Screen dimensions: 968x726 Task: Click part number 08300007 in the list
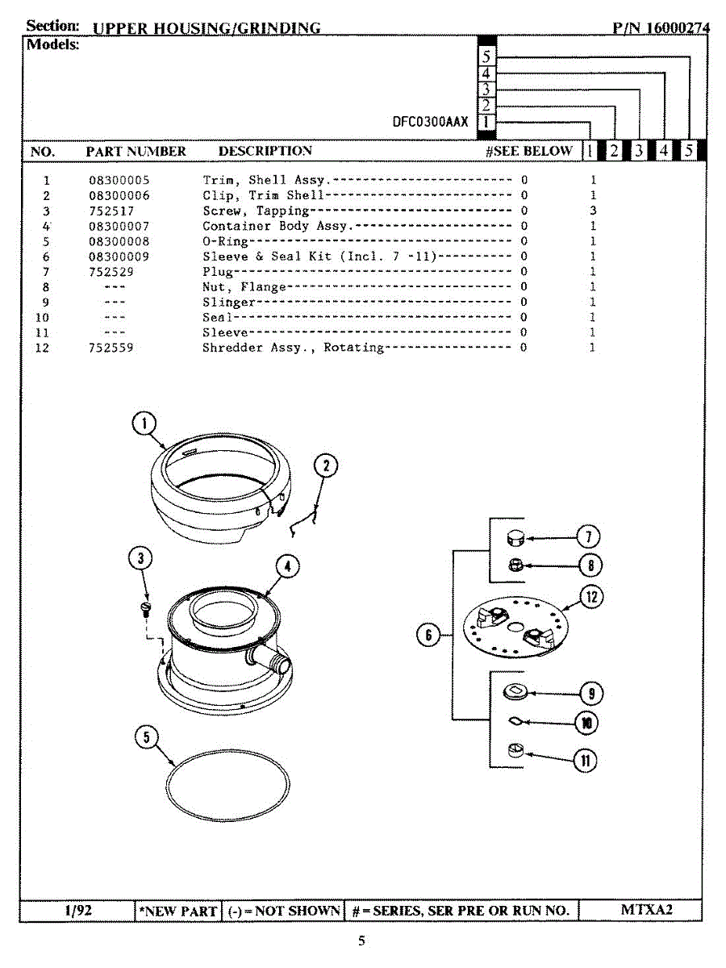click(x=119, y=226)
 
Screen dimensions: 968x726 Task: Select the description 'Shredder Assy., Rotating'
click(x=293, y=348)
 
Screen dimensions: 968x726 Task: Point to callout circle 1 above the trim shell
click(x=143, y=424)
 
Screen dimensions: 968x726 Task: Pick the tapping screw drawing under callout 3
click(x=146, y=607)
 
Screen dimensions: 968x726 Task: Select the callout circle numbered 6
click(x=428, y=636)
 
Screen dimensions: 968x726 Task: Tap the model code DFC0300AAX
click(x=429, y=122)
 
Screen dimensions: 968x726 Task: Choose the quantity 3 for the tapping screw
click(x=593, y=211)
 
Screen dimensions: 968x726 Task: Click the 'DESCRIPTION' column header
click(x=265, y=151)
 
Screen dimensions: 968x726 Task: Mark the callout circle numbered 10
click(x=586, y=723)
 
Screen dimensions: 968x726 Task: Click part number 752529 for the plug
click(x=111, y=272)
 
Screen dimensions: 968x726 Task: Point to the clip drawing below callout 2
click(x=302, y=523)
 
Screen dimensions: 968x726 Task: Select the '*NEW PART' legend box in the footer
click(x=177, y=911)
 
